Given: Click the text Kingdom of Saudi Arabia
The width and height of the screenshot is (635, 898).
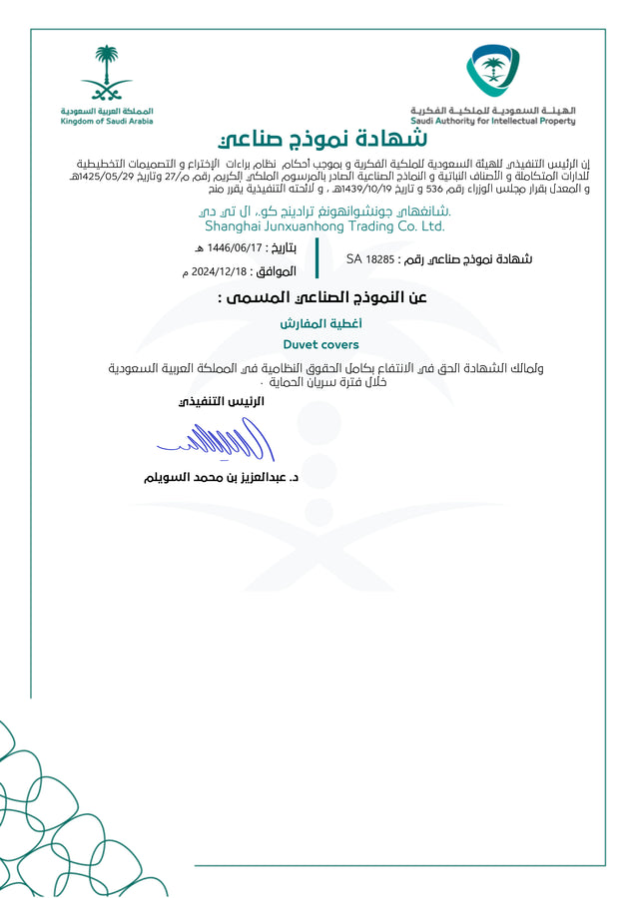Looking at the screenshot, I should (x=107, y=121).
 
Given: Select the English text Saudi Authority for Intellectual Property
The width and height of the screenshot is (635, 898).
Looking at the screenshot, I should (x=492, y=122).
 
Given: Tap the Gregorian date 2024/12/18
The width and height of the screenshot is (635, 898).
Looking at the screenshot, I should (x=219, y=271).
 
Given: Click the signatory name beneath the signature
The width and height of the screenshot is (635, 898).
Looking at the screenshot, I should (x=222, y=478).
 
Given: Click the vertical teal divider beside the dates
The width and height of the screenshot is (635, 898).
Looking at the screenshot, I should (x=317, y=258).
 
